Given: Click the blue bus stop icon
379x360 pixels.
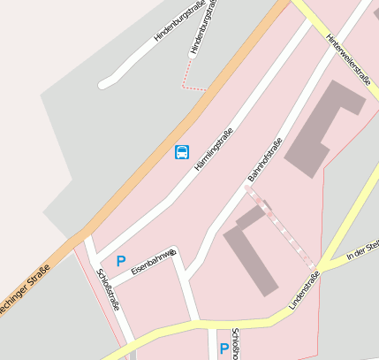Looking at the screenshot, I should (x=181, y=152).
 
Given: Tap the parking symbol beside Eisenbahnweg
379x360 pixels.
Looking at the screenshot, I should (x=121, y=261).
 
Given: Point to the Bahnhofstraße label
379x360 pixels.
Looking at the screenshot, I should (x=265, y=161).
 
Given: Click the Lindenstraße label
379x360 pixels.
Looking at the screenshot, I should (x=304, y=291).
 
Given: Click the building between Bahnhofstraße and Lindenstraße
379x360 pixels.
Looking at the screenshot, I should (x=253, y=252).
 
